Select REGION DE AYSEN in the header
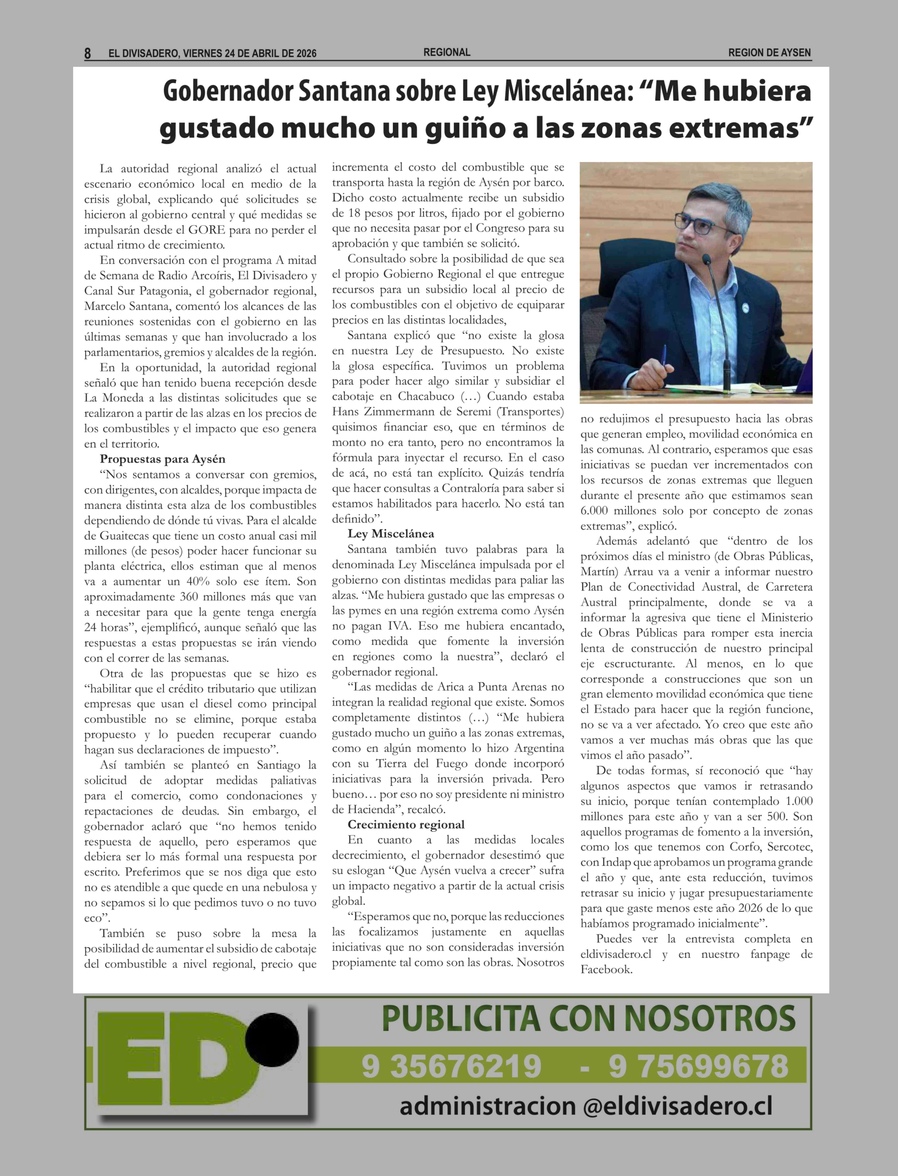pyautogui.click(x=769, y=53)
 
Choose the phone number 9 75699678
pyautogui.click(x=698, y=1066)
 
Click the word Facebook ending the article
pyautogui.click(x=606, y=969)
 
